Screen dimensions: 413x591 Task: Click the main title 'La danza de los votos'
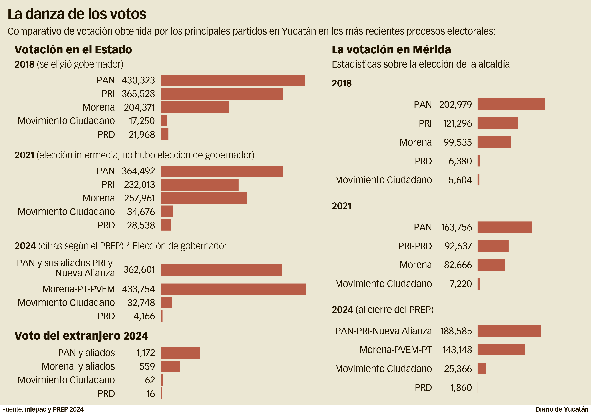pyautogui.click(x=77, y=14)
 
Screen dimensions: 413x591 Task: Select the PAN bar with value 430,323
pyautogui.click(x=233, y=81)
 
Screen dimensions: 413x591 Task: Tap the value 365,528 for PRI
pyautogui.click(x=138, y=94)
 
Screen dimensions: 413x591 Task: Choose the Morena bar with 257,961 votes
pyautogui.click(x=204, y=198)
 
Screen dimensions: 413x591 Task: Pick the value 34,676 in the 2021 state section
pyautogui.click(x=141, y=212)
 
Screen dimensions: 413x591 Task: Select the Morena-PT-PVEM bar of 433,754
pyautogui.click(x=233, y=289)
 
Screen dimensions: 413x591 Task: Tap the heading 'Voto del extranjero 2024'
pyautogui.click(x=81, y=336)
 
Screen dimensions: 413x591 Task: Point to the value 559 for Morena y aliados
pyautogui.click(x=147, y=366)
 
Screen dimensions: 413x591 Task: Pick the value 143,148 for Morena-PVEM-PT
pyautogui.click(x=457, y=350)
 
